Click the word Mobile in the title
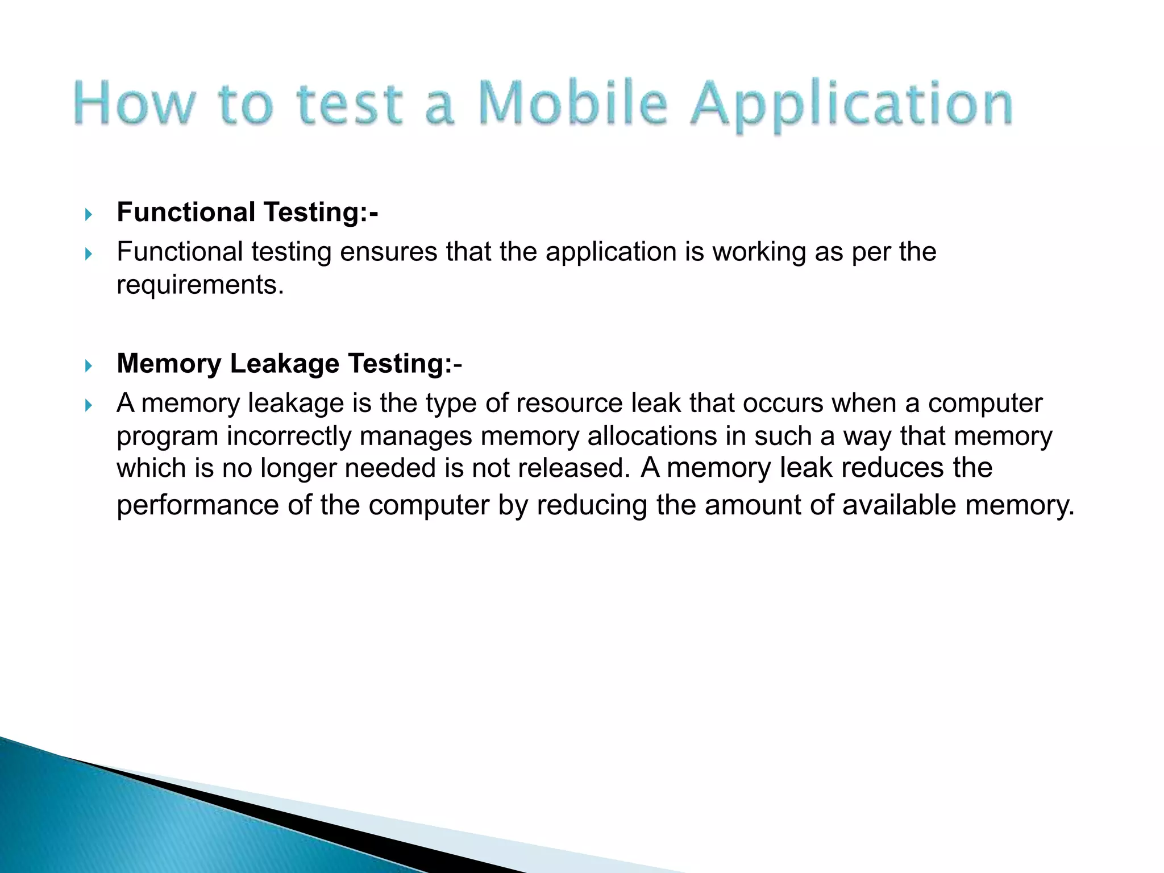(x=573, y=103)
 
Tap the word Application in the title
(x=851, y=106)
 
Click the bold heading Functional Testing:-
(x=247, y=213)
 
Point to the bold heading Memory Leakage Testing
(x=289, y=364)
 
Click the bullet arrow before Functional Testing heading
(x=88, y=214)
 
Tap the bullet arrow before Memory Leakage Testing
(x=88, y=365)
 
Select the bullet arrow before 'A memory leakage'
(x=88, y=405)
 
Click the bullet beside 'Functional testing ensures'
(x=88, y=254)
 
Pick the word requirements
(x=199, y=285)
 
